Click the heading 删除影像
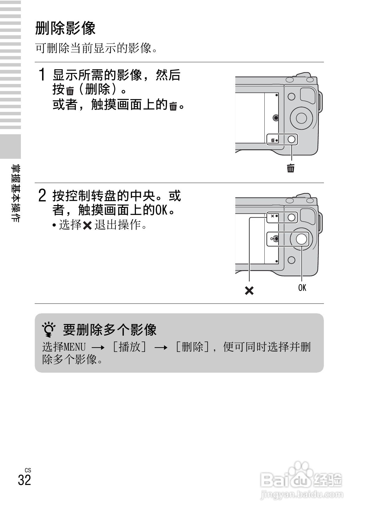coord(65,29)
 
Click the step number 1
coord(43,75)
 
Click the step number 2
coord(43,196)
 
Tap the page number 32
coord(25,480)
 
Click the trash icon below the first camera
coord(291,168)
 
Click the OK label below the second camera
coord(302,288)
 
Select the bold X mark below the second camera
coord(249,290)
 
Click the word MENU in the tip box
coord(75,347)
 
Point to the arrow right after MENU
coord(98,348)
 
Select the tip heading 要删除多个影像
coord(110,330)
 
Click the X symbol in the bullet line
coord(88,226)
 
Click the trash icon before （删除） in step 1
coord(70,91)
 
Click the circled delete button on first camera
coord(291,140)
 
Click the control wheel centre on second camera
coord(302,238)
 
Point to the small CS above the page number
coord(28,470)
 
